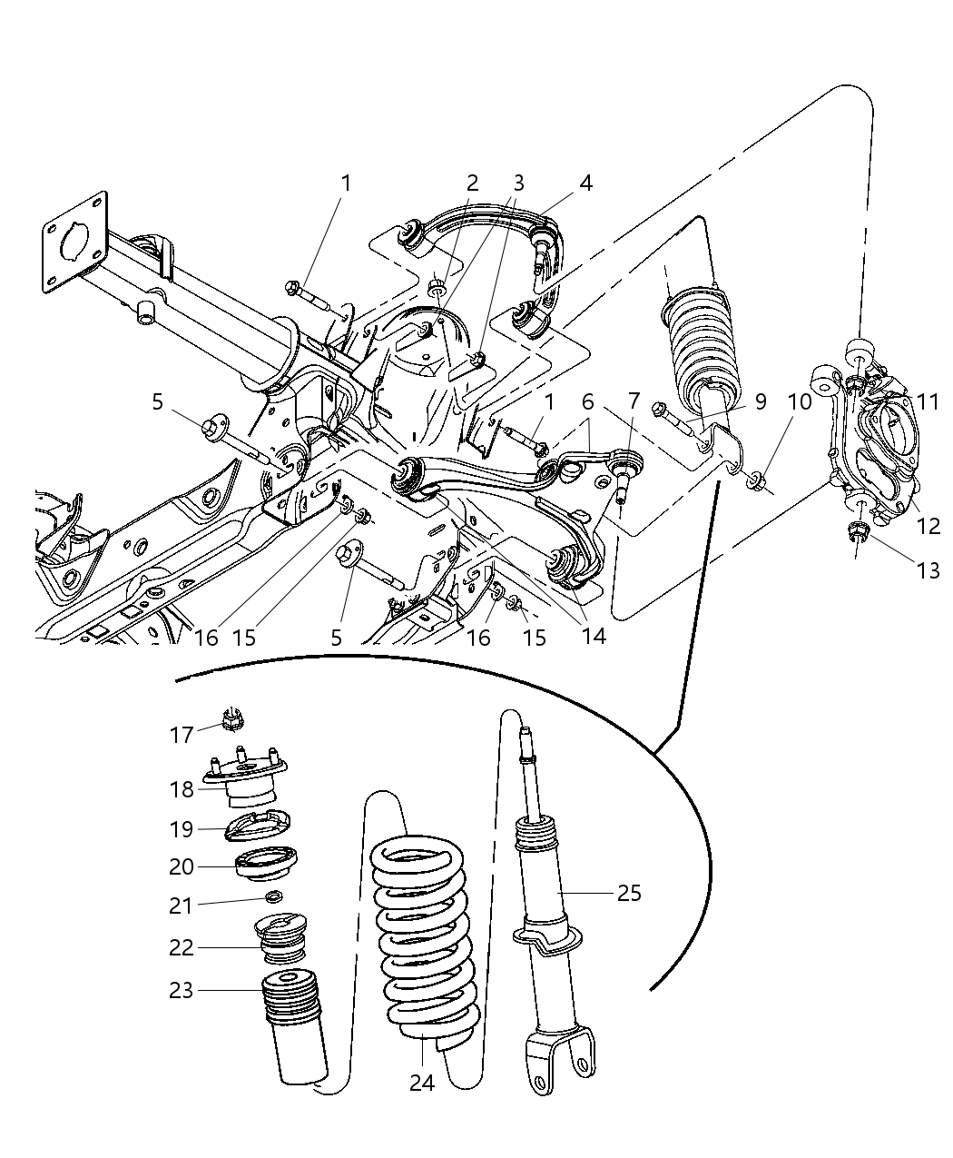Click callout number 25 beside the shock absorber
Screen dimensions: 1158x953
pyautogui.click(x=628, y=893)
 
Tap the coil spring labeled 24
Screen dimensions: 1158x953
pyautogui.click(x=424, y=935)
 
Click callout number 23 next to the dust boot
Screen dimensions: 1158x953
pyautogui.click(x=182, y=989)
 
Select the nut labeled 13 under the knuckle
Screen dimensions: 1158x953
pyautogui.click(x=857, y=534)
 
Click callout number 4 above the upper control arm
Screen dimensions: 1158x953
pyautogui.click(x=585, y=183)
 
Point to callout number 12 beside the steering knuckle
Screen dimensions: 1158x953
pyautogui.click(x=927, y=524)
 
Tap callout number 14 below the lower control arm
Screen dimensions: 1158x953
pyautogui.click(x=594, y=636)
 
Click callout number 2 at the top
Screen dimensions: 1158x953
pyautogui.click(x=472, y=183)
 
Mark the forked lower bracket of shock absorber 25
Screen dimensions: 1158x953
pyautogui.click(x=563, y=1058)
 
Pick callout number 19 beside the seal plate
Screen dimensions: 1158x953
pyautogui.click(x=182, y=829)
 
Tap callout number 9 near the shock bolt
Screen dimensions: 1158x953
pyautogui.click(x=759, y=401)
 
